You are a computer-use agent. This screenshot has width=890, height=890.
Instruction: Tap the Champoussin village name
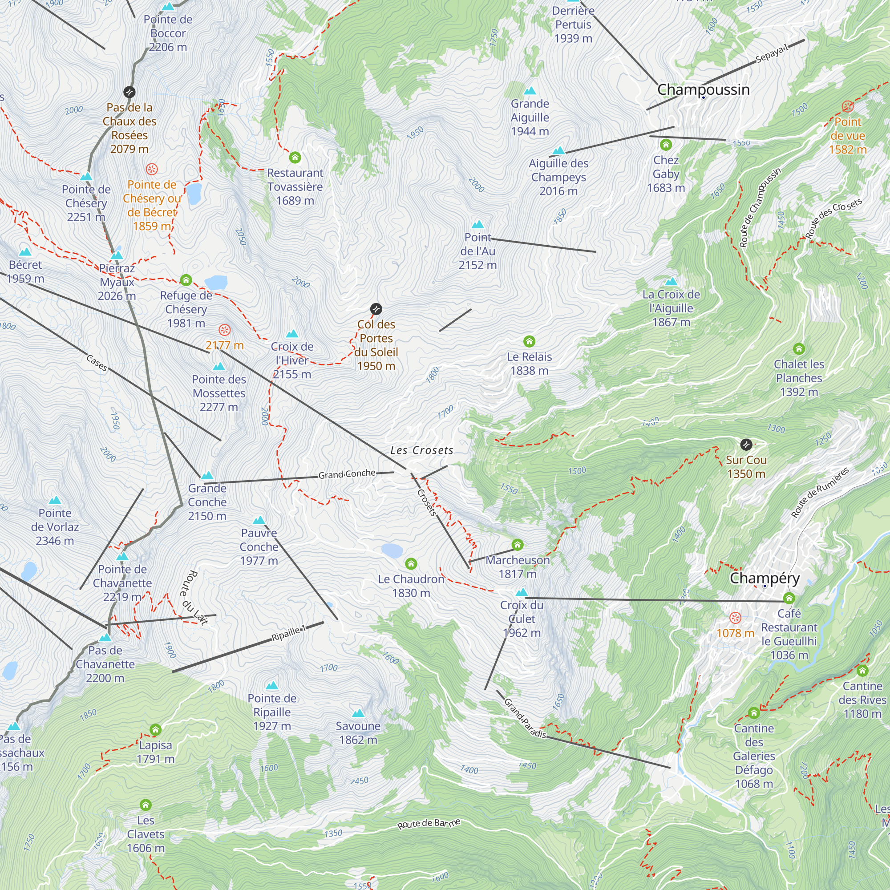(x=703, y=89)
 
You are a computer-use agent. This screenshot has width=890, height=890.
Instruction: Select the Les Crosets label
(x=421, y=450)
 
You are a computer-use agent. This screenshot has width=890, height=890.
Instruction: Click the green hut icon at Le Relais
(x=529, y=341)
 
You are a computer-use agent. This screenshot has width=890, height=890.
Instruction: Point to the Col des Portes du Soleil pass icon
(x=376, y=309)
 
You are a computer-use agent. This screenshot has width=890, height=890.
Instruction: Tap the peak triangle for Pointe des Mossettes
(x=219, y=367)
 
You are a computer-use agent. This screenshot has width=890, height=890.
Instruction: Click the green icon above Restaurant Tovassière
(x=295, y=158)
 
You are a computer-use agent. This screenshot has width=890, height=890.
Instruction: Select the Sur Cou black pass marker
(x=746, y=445)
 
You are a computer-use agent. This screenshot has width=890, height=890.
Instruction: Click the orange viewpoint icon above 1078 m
(x=735, y=618)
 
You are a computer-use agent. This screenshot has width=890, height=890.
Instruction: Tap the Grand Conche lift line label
(x=347, y=474)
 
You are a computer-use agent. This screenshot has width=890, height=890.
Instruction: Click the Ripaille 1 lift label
(x=288, y=634)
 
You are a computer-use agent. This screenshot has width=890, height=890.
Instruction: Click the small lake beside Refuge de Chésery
(x=215, y=282)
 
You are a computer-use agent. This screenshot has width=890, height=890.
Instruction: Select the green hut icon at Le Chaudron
(x=411, y=564)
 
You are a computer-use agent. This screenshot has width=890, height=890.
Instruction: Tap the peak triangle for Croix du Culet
(x=522, y=592)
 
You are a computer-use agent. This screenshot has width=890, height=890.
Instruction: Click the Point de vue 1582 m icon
(x=848, y=107)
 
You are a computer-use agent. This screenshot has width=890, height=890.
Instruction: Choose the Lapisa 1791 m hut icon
(x=156, y=730)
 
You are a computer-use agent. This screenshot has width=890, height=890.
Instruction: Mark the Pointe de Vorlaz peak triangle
(x=55, y=500)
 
